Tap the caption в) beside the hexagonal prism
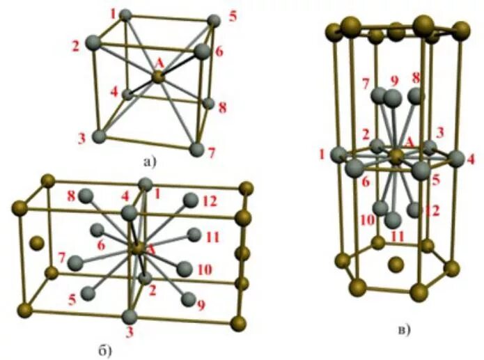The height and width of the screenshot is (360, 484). (x=404, y=327)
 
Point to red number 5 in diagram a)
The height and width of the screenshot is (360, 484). (x=232, y=14)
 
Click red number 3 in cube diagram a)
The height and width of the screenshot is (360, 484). (x=81, y=139)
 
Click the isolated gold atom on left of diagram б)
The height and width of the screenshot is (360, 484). (x=37, y=243)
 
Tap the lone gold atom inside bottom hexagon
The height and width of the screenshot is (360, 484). (x=396, y=264)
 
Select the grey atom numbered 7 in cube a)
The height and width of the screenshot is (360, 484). (x=198, y=149)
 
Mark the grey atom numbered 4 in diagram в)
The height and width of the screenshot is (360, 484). (x=456, y=158)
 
